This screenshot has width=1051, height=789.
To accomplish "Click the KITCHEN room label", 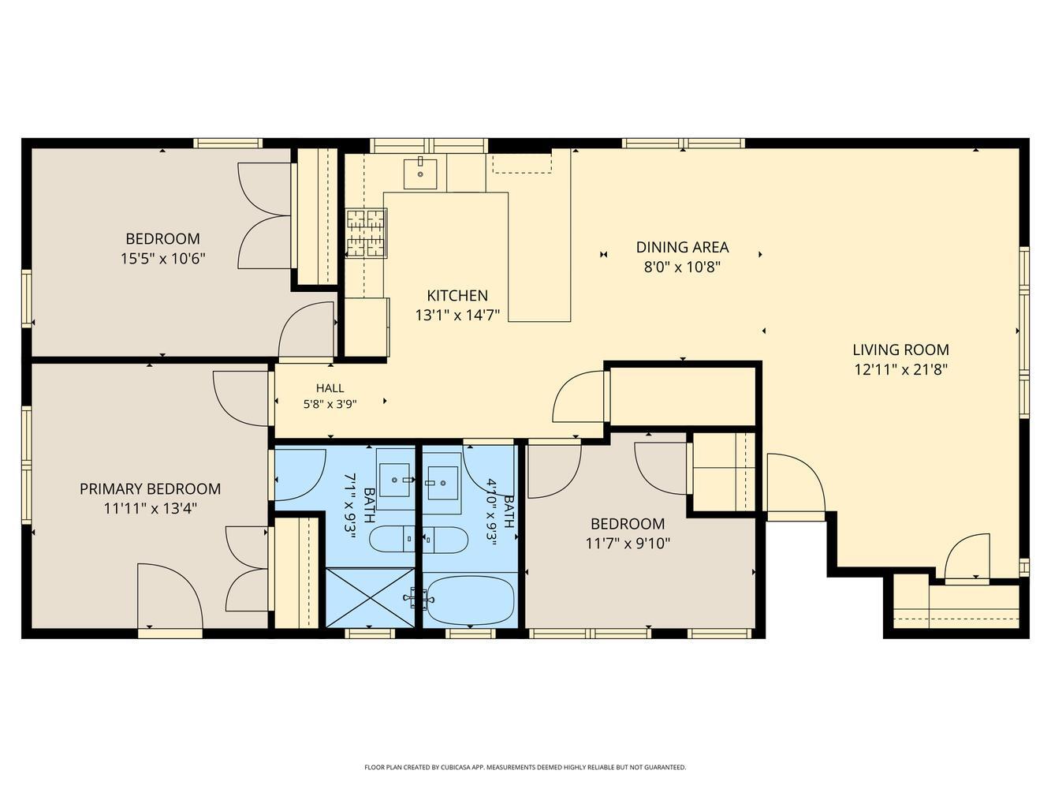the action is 457,295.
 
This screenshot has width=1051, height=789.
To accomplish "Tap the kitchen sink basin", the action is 420,174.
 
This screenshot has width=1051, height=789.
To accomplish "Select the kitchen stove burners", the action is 367,233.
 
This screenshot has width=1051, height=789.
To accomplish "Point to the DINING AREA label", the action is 682,247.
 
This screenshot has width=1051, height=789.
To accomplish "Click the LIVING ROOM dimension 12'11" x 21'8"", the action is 900,370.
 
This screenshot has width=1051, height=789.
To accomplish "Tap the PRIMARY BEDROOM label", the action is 150,488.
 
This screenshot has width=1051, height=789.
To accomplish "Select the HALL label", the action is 330,387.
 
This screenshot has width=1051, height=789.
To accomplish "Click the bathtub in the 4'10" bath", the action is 470,600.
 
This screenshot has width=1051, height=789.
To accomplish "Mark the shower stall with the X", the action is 370,597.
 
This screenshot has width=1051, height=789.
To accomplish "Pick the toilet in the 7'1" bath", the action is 392,539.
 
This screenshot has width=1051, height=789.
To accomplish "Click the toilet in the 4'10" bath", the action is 445,540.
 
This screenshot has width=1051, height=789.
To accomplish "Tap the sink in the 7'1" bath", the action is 395,480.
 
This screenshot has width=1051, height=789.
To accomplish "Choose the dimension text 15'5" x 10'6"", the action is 162,259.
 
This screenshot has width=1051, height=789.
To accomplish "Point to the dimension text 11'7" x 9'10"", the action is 628,544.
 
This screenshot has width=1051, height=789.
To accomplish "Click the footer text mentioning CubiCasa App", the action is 525,768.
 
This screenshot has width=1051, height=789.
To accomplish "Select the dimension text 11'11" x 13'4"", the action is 151,508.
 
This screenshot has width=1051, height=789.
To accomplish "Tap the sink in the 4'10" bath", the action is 442,482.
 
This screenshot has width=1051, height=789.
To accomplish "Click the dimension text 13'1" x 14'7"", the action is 457,315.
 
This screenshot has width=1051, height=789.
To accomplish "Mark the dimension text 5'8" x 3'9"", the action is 330,404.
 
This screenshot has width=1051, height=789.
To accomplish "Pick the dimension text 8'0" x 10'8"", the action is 682,267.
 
